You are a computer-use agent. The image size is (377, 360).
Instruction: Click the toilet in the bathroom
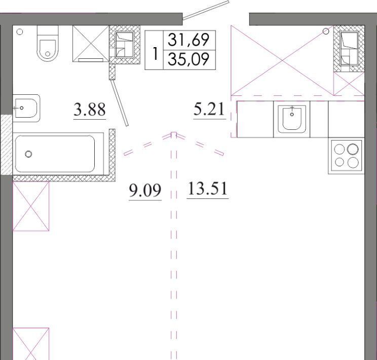click(x=48, y=43)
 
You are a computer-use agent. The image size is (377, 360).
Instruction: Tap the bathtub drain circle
click(x=28, y=154)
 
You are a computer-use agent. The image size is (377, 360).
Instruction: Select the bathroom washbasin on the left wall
click(x=26, y=109)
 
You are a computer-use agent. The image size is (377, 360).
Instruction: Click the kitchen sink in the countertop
click(x=292, y=119)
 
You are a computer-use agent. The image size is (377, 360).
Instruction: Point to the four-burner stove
click(x=347, y=156)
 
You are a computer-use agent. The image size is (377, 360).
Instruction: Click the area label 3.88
click(x=90, y=110)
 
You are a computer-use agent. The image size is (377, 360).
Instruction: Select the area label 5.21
click(x=209, y=109)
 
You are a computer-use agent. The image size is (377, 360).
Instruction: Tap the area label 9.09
click(x=145, y=190)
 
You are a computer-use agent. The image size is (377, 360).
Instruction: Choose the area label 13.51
click(x=207, y=189)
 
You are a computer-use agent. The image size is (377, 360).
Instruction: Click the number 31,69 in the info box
click(x=188, y=40)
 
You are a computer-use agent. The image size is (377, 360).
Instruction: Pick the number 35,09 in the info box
click(x=188, y=59)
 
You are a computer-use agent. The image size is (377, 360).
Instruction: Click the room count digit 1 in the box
click(x=155, y=54)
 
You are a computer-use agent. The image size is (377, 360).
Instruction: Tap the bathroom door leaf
click(x=119, y=103)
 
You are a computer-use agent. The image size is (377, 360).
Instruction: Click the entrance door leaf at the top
click(x=206, y=10)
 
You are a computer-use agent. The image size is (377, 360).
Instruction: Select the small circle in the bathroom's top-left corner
click(x=20, y=32)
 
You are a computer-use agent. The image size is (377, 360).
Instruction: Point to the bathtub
click(x=58, y=154)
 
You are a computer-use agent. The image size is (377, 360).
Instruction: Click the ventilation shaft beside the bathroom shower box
click(x=125, y=45)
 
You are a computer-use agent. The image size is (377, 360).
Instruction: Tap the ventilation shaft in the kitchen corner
click(x=349, y=49)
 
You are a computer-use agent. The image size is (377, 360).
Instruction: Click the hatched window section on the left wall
click(x=6, y=145)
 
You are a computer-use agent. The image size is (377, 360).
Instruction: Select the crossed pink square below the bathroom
click(x=31, y=206)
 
